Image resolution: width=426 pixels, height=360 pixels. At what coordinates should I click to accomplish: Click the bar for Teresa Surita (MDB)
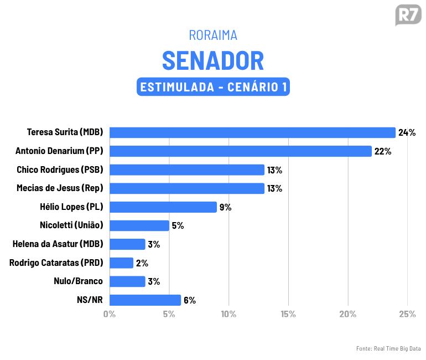coord(252,132)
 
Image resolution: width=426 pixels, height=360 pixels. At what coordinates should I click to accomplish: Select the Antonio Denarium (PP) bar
coord(240,151)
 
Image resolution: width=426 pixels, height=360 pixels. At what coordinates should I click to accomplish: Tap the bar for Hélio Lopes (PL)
coord(163,207)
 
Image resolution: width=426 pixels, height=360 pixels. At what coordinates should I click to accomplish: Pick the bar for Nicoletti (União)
coord(139,225)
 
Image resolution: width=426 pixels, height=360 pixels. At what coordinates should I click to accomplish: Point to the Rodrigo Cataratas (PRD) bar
coord(121,263)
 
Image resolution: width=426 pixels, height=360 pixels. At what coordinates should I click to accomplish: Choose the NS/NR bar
coord(145,300)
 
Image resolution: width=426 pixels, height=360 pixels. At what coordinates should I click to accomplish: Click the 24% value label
coord(407,132)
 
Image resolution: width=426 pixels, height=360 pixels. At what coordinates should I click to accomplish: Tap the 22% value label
coord(383,151)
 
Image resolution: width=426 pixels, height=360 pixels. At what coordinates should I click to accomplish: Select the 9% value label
coord(225,207)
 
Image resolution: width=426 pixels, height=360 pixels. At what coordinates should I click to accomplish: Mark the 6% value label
coord(190,300)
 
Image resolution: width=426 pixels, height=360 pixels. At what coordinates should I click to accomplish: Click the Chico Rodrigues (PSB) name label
coord(60,169)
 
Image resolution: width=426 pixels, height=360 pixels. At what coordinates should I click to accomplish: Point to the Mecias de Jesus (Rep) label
coord(60,188)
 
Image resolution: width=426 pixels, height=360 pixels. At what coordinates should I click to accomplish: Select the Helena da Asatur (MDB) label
coord(58,244)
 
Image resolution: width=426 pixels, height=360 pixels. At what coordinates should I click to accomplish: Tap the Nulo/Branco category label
coord(78,281)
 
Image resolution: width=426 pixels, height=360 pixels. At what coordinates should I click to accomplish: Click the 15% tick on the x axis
coord(288,314)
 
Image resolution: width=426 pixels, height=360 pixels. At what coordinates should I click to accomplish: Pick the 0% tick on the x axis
coord(110,314)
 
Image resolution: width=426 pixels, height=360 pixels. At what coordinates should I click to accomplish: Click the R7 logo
coord(408,15)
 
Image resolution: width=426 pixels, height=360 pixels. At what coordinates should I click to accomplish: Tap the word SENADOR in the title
coord(213,60)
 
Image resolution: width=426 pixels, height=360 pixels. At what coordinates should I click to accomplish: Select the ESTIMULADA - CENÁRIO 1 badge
coord(213,87)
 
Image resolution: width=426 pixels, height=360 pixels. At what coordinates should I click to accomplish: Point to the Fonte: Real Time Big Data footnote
coord(388,348)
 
